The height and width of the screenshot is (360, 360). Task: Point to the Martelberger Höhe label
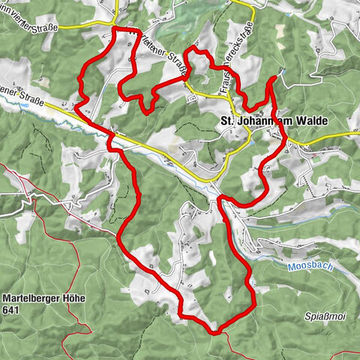pos(44,298)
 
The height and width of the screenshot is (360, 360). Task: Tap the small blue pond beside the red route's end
pos(283,71)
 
